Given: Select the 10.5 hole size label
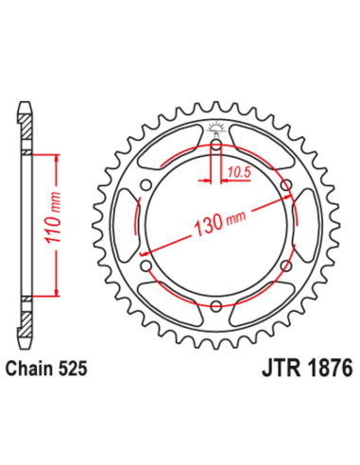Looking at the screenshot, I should pyautogui.click(x=238, y=171).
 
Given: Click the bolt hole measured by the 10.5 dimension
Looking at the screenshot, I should pyautogui.click(x=216, y=146).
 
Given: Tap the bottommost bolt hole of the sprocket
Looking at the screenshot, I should pyautogui.click(x=216, y=304).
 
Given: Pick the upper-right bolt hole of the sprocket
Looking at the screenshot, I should pyautogui.click(x=285, y=185).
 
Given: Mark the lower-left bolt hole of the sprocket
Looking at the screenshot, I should pyautogui.click(x=147, y=265).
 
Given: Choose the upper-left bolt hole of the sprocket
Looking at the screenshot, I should pyautogui.click(x=147, y=185).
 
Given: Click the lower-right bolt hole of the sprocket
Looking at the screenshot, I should pyautogui.click(x=285, y=265).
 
